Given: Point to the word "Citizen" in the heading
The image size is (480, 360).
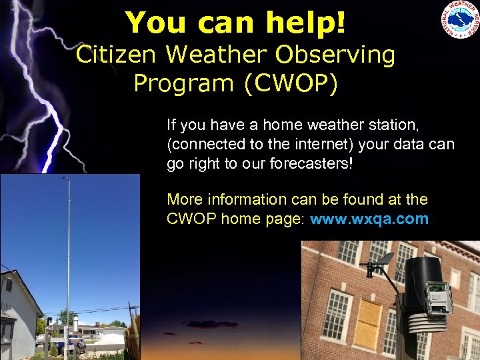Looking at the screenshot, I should pos(117,55).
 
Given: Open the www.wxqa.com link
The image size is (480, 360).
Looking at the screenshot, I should pos(369,219).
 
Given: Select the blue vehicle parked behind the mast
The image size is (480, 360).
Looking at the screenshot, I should pos(69,345).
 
